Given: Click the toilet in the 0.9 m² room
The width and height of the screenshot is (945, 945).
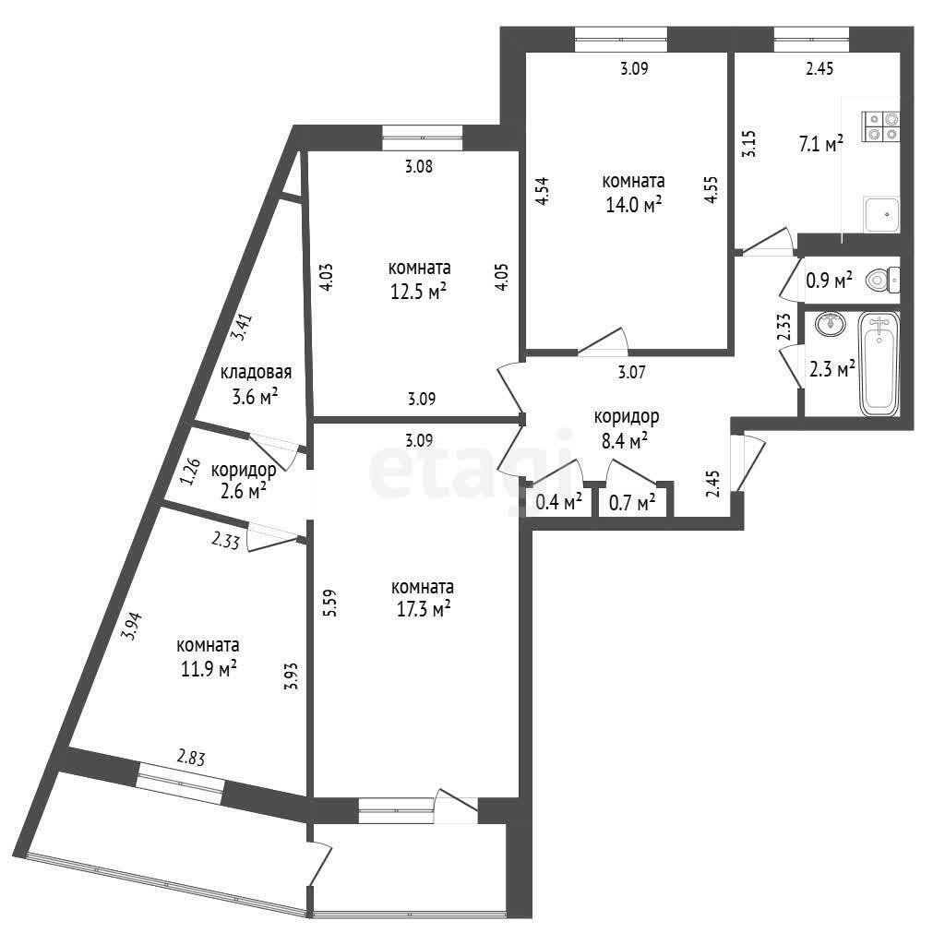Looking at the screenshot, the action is tap(882, 281).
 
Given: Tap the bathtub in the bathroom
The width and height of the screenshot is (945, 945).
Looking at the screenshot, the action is tap(879, 364).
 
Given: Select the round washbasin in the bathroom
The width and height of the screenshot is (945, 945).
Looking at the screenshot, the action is tap(831, 324).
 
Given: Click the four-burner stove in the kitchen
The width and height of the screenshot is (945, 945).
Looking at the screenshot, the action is tap(880, 126).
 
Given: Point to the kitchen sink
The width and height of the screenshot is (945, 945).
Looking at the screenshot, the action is tap(881, 214).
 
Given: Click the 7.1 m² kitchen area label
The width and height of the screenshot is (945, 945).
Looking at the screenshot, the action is tap(820, 144).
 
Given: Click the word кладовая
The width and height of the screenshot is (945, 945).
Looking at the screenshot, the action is tap(257, 373).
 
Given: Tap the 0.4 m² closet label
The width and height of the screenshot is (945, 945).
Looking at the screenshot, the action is tap(558, 501).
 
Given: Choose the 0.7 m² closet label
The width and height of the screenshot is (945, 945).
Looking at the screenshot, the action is tap(632, 502).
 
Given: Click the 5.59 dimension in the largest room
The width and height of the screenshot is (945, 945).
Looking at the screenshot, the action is tap(330, 604).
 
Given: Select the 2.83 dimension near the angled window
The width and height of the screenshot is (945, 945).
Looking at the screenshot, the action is tap(191, 757).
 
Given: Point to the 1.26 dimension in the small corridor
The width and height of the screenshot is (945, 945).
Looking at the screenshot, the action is tap(190, 472).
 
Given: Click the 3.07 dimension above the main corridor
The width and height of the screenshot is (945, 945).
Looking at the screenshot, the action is tap(631, 373).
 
